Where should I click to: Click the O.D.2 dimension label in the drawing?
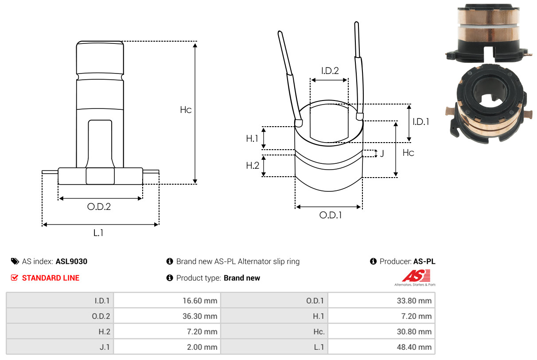pos(99,207)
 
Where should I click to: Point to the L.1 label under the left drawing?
pos(98,233)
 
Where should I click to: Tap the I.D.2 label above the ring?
pos(330,71)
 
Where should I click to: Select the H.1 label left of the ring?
pos(252,139)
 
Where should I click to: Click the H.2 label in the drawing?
pos(253,166)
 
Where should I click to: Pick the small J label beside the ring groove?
pos(382,153)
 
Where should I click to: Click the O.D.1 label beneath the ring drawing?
pos(331,215)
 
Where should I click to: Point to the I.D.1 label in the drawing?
pos(421,122)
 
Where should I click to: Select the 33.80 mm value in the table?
pos(414,301)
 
